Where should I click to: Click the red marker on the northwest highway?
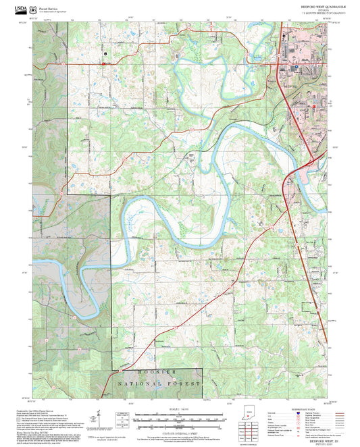point(103,64)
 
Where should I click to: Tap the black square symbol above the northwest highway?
point(105,53)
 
